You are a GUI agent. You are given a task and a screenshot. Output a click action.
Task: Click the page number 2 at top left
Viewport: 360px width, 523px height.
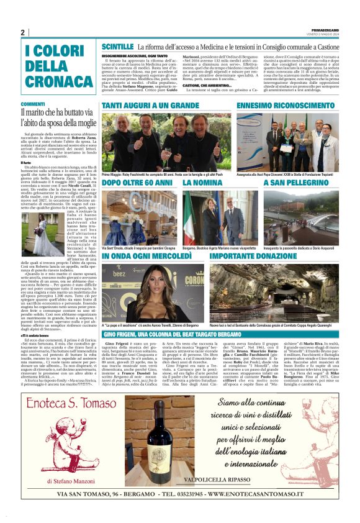pos(23,33)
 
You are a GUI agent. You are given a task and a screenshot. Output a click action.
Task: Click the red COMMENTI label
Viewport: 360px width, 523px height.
pos(32,104)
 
